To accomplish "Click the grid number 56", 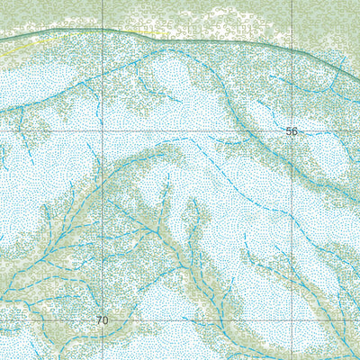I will [292, 131].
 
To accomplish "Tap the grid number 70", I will [102, 320].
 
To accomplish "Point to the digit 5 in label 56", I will [288, 131].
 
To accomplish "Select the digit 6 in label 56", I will [294, 131].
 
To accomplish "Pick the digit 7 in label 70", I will [98, 320].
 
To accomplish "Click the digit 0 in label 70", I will [104, 320].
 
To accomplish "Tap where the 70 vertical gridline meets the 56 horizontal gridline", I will [102, 131].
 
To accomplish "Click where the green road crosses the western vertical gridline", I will [102, 32].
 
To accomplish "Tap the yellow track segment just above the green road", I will [135, 31].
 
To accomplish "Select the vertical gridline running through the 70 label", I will [102, 225].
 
